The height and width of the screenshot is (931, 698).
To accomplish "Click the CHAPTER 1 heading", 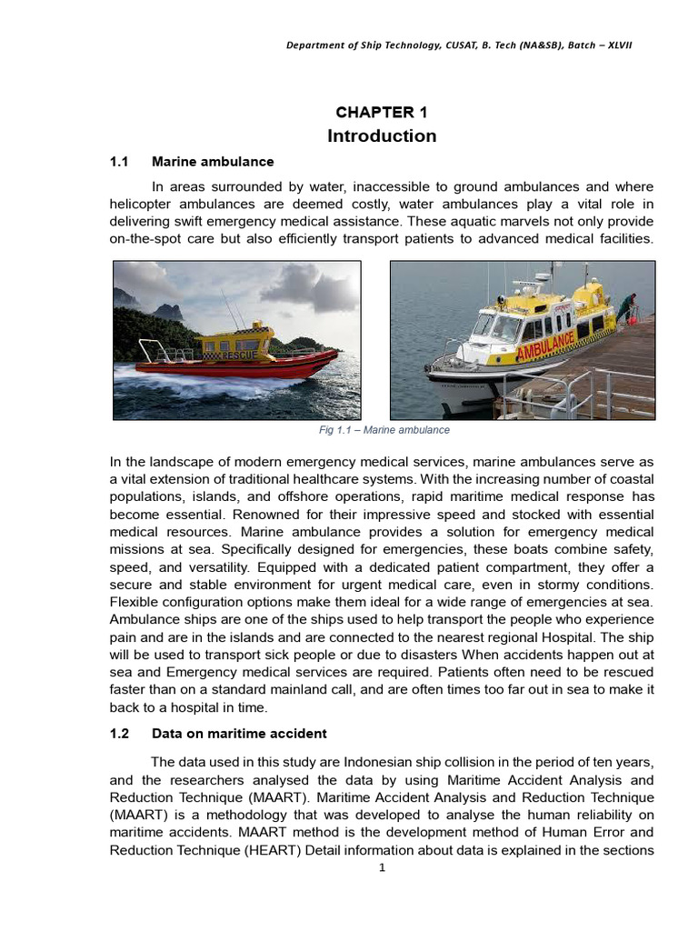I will coord(381,113).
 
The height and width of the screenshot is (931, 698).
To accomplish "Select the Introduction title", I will coord(382,136).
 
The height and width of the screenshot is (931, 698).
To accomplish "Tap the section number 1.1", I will coord(120,162).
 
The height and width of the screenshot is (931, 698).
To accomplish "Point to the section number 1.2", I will coord(120,734).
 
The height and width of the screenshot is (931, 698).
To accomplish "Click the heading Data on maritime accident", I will coord(239,734).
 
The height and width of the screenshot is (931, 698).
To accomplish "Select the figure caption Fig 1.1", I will coord(382,430).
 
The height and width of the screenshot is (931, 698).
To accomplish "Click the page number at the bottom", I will coord(383,868).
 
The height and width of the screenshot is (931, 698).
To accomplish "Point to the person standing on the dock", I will coord(627,306).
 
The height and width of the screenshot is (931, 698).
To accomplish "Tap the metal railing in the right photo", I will coord(582,391).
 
